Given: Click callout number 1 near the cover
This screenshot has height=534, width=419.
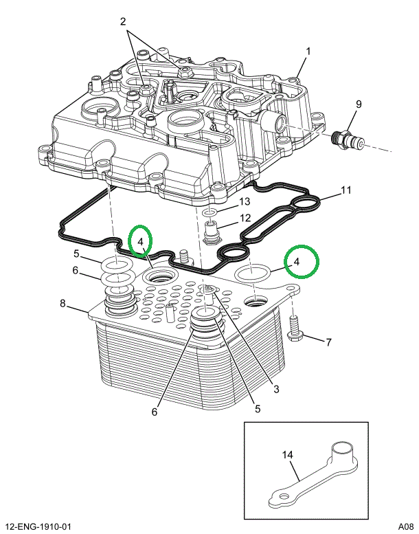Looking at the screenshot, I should (308, 51).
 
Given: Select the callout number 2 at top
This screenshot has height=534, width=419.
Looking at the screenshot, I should (124, 22).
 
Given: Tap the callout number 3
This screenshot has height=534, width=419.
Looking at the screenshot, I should (276, 390).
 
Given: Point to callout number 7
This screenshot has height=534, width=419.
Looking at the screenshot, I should (328, 342).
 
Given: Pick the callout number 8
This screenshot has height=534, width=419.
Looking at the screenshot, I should (63, 303).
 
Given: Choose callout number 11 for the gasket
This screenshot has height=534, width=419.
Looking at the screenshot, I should (346, 190).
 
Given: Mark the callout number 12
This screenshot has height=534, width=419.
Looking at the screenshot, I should (245, 218).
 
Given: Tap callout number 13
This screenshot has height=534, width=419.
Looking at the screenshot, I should (244, 202).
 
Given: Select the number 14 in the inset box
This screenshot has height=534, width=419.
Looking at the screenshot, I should (288, 454).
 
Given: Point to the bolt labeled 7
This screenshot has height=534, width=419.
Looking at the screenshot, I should (295, 328).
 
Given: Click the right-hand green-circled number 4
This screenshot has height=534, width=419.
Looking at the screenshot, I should (297, 262).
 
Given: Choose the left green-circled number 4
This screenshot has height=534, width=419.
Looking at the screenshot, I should (139, 242).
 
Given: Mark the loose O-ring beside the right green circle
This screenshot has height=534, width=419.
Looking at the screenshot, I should (252, 274).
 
